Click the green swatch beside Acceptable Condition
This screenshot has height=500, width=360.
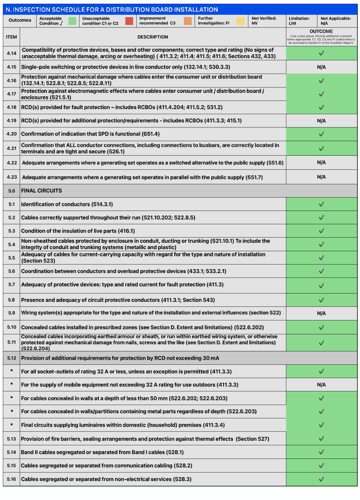click(x=72, y=21)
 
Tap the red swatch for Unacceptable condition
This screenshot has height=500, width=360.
click(x=129, y=21)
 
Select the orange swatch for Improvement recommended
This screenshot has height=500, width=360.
click(x=188, y=21)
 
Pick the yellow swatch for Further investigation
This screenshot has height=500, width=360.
click(x=241, y=21)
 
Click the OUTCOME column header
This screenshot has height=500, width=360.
click(x=321, y=31)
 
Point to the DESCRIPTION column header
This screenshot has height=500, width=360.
click(x=153, y=37)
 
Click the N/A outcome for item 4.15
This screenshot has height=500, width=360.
click(x=321, y=67)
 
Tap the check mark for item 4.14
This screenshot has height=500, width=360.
click(x=321, y=53)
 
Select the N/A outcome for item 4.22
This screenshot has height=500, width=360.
click(x=321, y=162)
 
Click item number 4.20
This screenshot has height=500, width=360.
click(x=12, y=134)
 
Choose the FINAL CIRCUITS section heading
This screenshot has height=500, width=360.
click(x=41, y=191)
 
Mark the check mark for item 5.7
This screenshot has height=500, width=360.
click(x=321, y=286)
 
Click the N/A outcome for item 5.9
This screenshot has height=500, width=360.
click(x=321, y=313)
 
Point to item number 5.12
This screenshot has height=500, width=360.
click(x=12, y=358)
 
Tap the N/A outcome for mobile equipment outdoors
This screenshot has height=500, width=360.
click(x=321, y=385)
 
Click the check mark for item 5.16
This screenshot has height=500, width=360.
click(x=321, y=479)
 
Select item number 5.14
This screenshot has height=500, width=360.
click(x=12, y=452)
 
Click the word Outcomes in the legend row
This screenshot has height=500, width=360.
click(x=20, y=20)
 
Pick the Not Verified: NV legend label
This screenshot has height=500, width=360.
click(x=264, y=21)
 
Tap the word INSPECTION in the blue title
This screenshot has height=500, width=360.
click(x=35, y=10)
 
